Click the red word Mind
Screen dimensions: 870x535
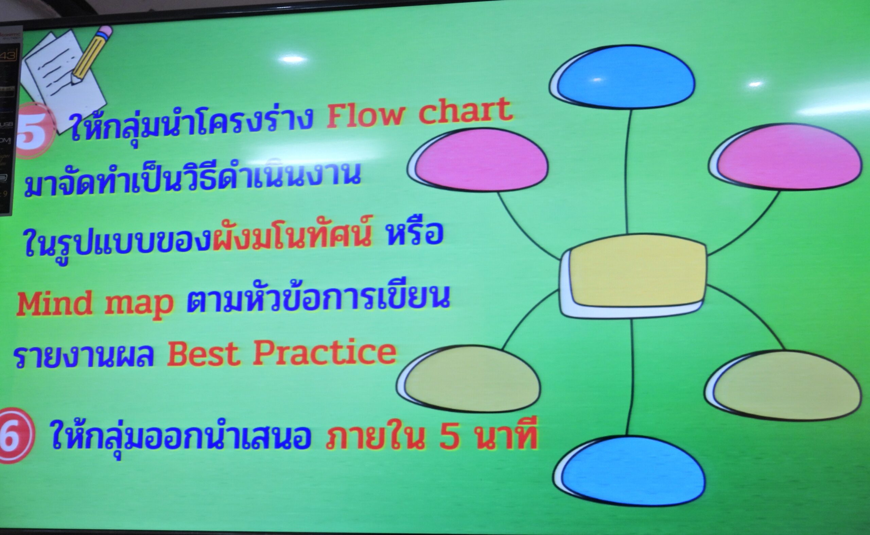click(54, 303)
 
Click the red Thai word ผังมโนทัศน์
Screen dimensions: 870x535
click(292, 234)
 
